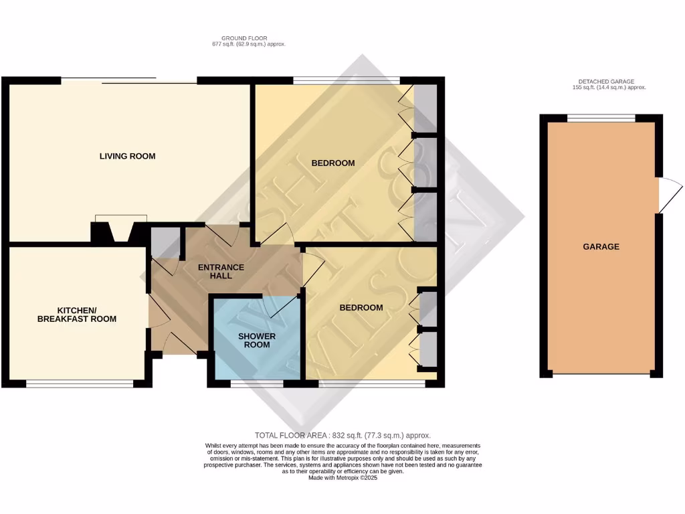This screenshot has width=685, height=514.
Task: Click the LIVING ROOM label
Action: coord(127,156)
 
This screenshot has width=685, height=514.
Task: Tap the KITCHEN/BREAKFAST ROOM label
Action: coord(77,315)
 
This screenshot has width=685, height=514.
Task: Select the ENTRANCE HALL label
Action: coord(221,271)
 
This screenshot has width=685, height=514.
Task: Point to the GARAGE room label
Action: coord(601,246)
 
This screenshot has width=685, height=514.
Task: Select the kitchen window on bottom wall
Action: coord(80,383)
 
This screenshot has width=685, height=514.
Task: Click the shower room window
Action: coord(257,383)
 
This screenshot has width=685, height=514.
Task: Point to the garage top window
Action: coord(601,118)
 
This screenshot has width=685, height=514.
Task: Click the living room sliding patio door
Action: coord(129,81)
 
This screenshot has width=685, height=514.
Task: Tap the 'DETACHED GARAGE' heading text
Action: coord(602,81)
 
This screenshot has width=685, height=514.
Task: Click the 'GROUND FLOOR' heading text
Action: coord(244,38)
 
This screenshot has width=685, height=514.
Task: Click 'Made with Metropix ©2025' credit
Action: coord(342,478)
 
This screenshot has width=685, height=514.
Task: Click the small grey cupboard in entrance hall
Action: coord(165,242)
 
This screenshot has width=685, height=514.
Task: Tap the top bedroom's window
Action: coord(346,80)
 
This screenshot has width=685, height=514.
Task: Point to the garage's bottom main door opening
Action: coord(600,374)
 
